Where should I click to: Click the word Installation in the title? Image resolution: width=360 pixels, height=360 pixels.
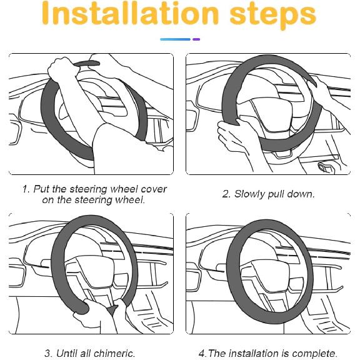[130, 14]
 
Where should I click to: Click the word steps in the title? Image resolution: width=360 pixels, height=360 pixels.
[273, 16]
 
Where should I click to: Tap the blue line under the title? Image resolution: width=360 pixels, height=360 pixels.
[175, 39]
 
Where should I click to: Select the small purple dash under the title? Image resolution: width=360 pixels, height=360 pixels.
[196, 39]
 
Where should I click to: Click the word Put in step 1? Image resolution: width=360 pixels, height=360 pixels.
[41, 189]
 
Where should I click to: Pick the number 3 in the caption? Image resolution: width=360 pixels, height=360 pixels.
[47, 353]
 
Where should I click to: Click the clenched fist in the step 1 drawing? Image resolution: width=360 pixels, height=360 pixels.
[61, 68]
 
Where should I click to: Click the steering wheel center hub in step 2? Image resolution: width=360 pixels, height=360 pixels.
[272, 115]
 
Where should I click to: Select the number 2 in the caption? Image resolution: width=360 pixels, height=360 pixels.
[226, 194]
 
